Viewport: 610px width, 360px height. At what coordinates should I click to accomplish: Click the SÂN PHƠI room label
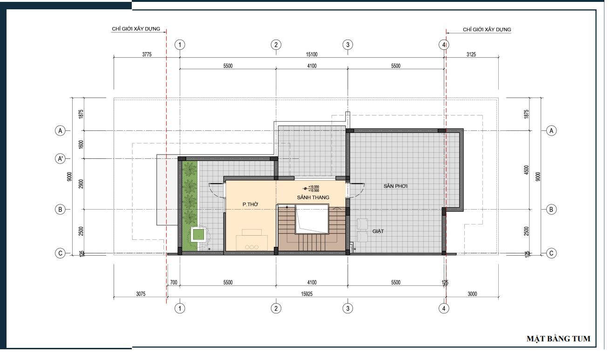coord(395,186)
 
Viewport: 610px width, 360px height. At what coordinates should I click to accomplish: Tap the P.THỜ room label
coord(250,204)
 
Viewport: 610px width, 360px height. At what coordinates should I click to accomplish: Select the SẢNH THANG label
coord(313,197)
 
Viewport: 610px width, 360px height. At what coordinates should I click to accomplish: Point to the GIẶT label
coord(378,231)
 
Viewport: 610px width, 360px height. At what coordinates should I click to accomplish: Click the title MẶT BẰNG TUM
coord(558,339)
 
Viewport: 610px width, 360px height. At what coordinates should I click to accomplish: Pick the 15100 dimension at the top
coord(312,54)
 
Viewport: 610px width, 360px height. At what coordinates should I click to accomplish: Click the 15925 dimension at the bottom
coord(307,294)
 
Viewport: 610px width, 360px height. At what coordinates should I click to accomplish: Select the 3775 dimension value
coord(147,54)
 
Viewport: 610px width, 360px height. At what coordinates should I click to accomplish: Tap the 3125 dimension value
coord(471,54)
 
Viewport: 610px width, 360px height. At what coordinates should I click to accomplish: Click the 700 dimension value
coord(174,282)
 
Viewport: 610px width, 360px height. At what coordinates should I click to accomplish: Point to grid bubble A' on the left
coord(60,158)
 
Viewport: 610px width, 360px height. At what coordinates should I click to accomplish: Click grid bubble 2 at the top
coord(276,45)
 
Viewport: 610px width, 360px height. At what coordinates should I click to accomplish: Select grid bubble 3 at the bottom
coord(347,308)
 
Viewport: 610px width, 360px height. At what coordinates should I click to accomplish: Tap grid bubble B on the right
coord(551,210)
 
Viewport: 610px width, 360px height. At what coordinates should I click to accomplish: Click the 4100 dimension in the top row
coord(312,66)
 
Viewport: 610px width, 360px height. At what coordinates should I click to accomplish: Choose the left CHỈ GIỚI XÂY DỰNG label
coord(136,29)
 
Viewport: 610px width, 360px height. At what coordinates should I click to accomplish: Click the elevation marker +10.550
coord(313,187)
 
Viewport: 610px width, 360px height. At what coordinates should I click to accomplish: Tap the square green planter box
coord(198,234)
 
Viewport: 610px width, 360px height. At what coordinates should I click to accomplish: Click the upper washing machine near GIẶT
coord(362,224)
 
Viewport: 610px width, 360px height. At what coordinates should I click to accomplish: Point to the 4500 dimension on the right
coord(526,170)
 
